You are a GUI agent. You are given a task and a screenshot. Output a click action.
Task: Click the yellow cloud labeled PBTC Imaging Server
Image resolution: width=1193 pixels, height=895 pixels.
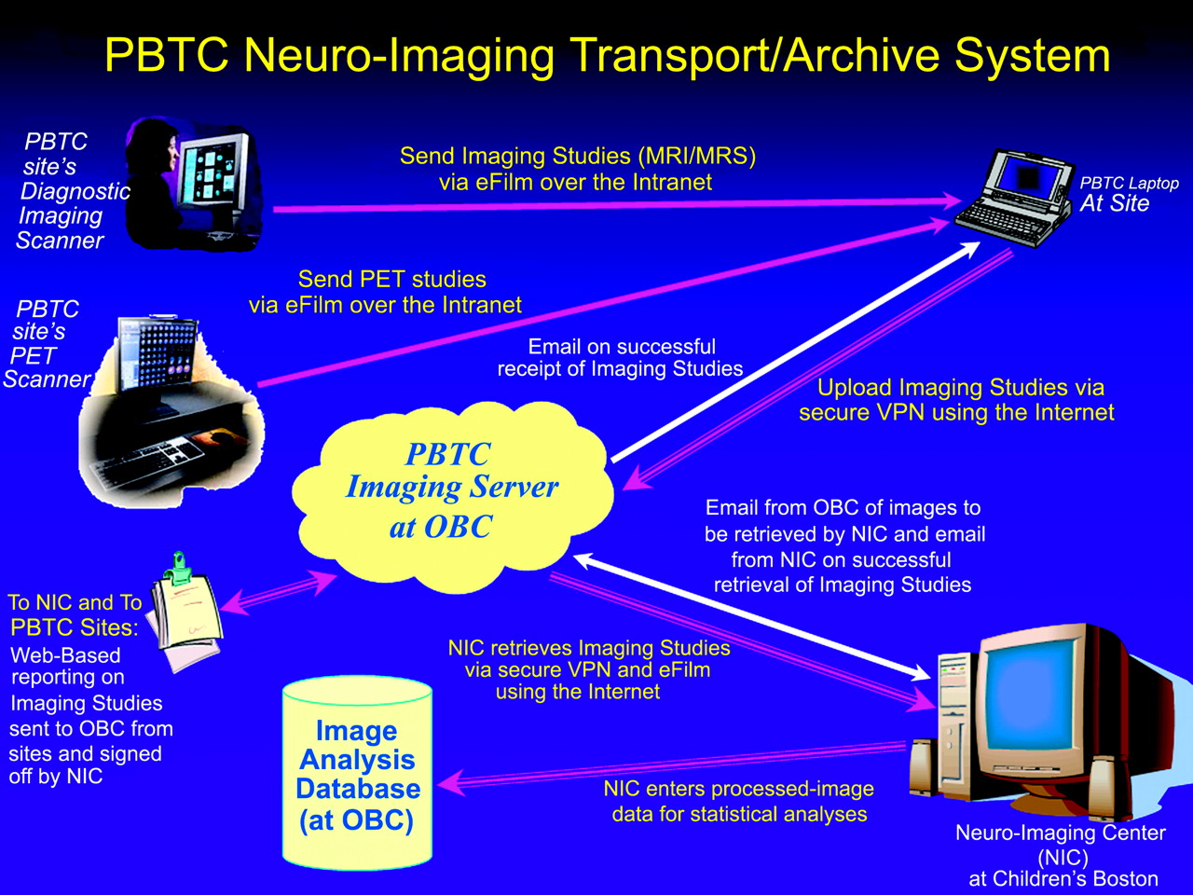(x=451, y=496)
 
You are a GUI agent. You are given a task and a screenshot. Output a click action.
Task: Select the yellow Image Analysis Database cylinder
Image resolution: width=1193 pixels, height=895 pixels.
(x=357, y=773)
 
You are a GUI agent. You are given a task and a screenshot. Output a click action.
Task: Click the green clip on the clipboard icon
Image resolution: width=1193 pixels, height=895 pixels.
(x=179, y=569)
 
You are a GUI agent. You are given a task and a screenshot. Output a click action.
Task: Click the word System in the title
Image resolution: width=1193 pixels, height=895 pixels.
(x=1032, y=55)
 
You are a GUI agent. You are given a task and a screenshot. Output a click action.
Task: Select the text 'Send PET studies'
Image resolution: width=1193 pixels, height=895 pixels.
(x=391, y=280)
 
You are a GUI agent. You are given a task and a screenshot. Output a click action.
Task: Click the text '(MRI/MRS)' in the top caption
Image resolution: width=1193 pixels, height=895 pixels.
(x=697, y=157)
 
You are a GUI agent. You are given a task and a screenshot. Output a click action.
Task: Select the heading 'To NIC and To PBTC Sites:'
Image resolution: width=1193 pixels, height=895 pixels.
(x=75, y=615)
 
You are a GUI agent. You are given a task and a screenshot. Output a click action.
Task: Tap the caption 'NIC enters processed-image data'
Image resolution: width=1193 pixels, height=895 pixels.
(x=739, y=801)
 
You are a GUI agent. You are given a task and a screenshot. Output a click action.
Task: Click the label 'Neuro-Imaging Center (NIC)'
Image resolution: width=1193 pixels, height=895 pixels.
(x=1061, y=845)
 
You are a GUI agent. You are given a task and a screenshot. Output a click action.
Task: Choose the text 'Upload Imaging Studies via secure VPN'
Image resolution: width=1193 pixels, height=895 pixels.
(x=956, y=400)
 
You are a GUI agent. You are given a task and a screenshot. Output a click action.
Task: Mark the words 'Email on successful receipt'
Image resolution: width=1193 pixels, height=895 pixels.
(x=620, y=358)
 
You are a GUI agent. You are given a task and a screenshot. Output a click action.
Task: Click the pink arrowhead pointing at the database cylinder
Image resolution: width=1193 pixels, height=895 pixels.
(x=451, y=783)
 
